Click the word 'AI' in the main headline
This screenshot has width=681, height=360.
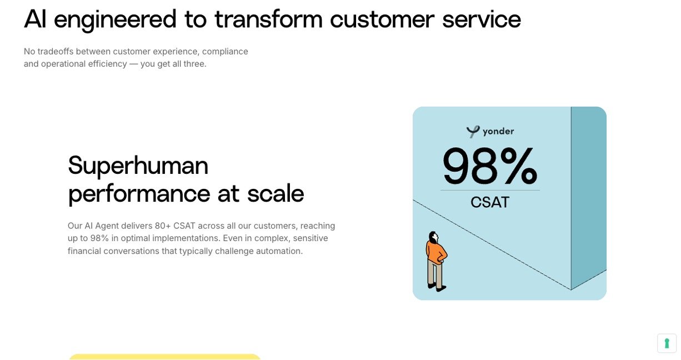[x=35, y=19]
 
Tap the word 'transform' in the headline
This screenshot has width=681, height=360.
[x=268, y=19]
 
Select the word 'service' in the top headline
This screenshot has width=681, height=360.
[x=482, y=19]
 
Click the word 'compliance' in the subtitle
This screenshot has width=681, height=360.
[x=225, y=52]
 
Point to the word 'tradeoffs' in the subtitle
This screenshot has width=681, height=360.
[x=56, y=51]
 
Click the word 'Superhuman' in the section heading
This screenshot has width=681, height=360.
[x=138, y=166]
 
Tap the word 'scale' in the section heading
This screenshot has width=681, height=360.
[x=276, y=193]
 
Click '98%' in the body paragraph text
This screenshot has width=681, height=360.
[x=99, y=238]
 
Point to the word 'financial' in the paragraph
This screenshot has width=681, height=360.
[x=84, y=251]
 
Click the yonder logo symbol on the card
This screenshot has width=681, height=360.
[x=473, y=132]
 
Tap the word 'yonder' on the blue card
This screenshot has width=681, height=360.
[x=498, y=131]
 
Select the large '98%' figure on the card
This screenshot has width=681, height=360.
[x=490, y=166]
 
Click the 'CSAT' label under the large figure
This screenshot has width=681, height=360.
[x=490, y=202]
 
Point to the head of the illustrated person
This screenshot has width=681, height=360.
[x=433, y=237]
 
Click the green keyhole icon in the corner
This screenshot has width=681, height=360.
[x=667, y=343]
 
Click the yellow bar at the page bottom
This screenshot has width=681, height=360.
[x=165, y=357]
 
